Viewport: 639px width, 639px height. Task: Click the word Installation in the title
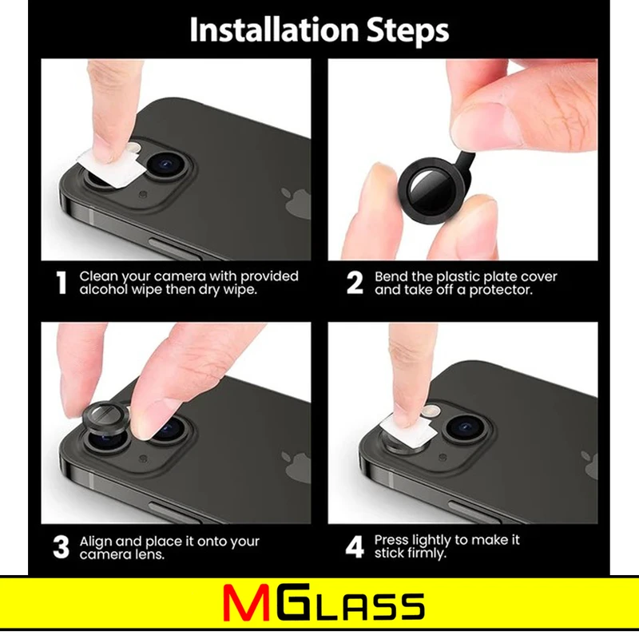coord(275,30)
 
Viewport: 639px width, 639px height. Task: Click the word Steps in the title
coord(407,30)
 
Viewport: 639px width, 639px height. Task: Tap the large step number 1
coord(62,283)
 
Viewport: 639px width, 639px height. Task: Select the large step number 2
coord(355,283)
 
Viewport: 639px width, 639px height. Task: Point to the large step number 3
coord(62,547)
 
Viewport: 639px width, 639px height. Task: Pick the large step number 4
coord(355,547)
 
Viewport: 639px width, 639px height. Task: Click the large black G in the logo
coord(292,603)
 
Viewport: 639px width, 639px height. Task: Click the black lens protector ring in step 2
coord(433,189)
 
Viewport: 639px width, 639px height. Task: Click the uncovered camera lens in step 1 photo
coord(167,165)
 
